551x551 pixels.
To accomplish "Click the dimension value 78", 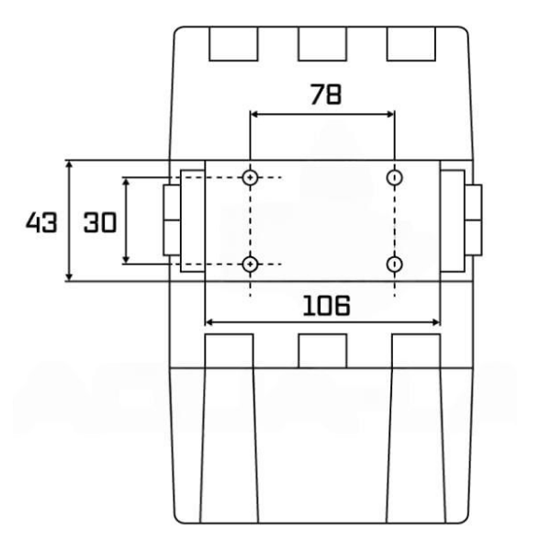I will (321, 95).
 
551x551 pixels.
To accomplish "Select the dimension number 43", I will (41, 222).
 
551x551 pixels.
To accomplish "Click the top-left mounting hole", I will (250, 177).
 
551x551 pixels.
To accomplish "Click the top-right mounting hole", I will (394, 177).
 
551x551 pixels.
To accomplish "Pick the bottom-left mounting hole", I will (250, 264).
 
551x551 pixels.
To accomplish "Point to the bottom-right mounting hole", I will (394, 264).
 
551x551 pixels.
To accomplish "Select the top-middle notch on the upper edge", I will (322, 43).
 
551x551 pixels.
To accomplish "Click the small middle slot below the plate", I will (322, 350).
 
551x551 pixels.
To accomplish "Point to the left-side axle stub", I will (172, 220).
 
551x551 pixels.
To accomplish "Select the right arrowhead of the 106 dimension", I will (436, 321).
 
